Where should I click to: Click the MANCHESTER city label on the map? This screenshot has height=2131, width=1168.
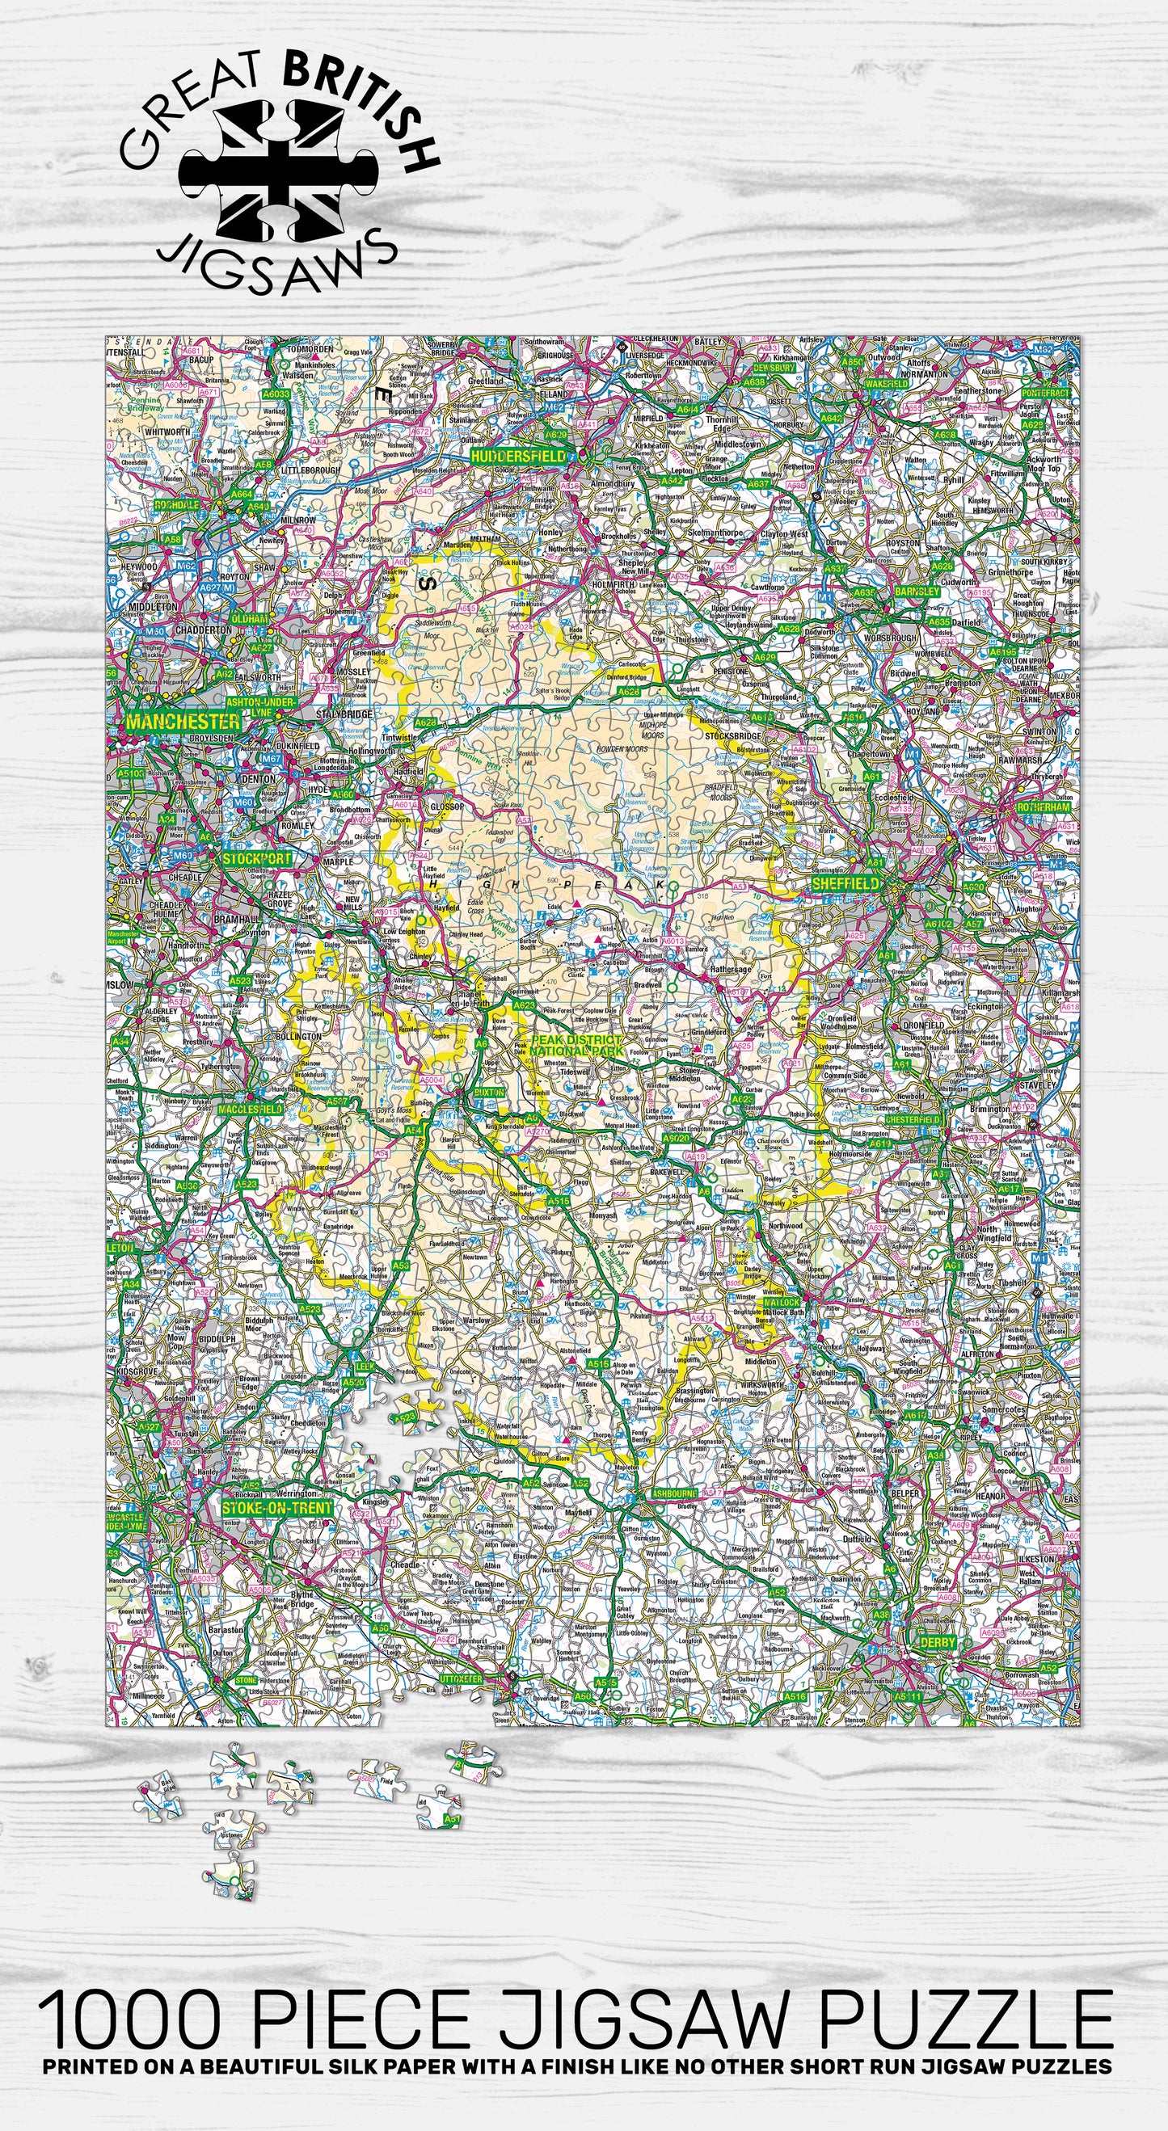point(183,722)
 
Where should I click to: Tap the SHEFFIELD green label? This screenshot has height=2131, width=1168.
point(845,883)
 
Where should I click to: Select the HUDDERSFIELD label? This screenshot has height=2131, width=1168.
point(519,456)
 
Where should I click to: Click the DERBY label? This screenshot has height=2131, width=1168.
point(937,1642)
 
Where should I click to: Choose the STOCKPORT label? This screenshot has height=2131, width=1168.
point(256,859)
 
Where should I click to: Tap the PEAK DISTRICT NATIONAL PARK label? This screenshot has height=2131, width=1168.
point(576,1045)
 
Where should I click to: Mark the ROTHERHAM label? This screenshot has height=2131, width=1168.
point(1043,806)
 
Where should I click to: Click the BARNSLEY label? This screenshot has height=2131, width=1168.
point(917,592)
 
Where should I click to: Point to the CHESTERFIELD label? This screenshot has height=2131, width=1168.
point(914,1119)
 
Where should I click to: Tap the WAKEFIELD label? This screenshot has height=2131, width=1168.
point(887,385)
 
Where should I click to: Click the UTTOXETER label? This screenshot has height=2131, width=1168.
point(461,1678)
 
